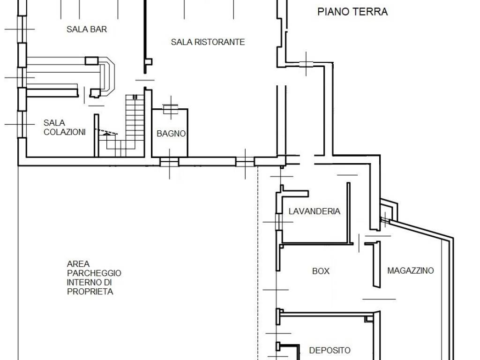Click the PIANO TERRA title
click(352, 12)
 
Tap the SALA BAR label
click(87, 30)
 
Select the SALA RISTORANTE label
click(208, 42)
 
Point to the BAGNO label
click(171, 134)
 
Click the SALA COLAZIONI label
click(65, 127)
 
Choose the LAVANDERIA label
click(315, 211)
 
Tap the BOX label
click(321, 271)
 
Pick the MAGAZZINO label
click(411, 270)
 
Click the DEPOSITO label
click(330, 350)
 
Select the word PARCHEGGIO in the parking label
click(94, 273)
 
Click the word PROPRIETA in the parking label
click(90, 292)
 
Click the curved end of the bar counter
click(109, 76)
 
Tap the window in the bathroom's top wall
click(171, 109)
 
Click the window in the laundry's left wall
click(279, 222)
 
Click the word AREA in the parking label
click(78, 264)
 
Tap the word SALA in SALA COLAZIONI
click(54, 123)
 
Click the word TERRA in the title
click(370, 12)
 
